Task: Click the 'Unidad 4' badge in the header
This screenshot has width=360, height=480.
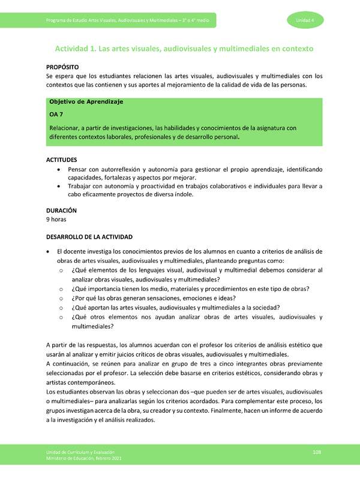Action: point(314,21)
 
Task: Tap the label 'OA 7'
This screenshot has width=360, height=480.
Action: point(56,114)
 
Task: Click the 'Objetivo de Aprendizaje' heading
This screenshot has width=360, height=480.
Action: point(86,102)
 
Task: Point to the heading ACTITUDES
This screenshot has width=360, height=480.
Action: point(62,160)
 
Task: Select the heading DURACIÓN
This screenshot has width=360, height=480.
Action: point(61,211)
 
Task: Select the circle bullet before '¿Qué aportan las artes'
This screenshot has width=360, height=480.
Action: point(62,308)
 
